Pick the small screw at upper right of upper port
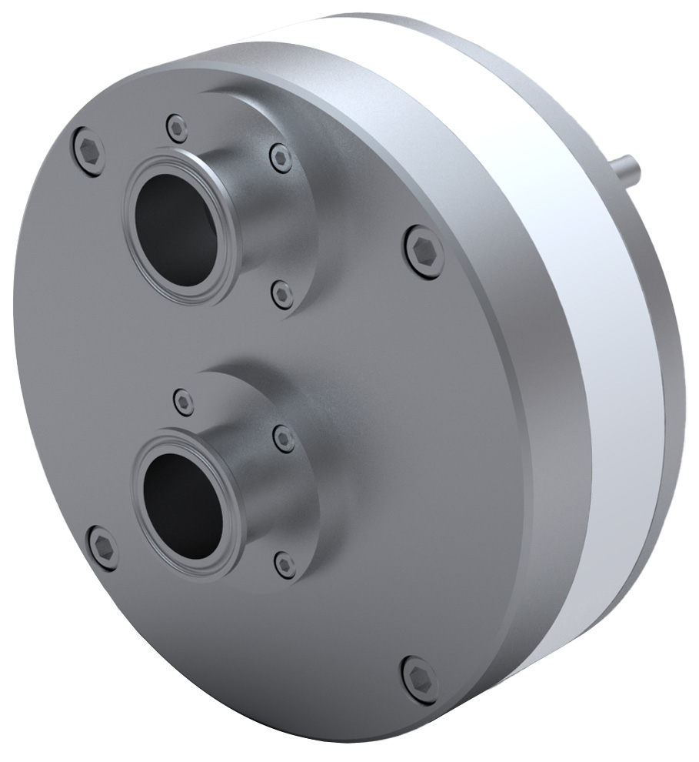(x=281, y=158)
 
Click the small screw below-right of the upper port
(x=284, y=295)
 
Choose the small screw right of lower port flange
(x=285, y=438)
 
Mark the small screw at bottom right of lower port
(x=285, y=565)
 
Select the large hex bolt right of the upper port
(x=424, y=252)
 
